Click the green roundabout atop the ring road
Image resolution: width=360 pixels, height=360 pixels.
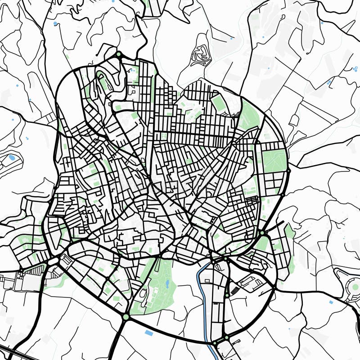[x=119, y=55]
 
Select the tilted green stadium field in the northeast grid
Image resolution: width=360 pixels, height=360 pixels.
[x=219, y=103]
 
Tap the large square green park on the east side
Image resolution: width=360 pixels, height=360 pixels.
[x=274, y=161]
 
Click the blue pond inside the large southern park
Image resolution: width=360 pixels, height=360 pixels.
[x=167, y=284]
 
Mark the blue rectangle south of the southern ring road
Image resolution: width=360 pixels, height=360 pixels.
[x=148, y=333]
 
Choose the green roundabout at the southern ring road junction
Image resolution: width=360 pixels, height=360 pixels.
[x=126, y=317]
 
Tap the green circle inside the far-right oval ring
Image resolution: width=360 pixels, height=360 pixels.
[x=355, y=287]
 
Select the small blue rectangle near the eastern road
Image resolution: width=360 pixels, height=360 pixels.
[x=331, y=302]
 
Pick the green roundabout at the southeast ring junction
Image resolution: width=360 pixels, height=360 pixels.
[x=262, y=233]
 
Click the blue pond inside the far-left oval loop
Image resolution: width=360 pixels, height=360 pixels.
[x=11, y=157]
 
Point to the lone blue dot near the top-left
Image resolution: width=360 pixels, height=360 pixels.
[x=55, y=23]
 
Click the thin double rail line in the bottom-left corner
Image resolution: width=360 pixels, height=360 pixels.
[x=18, y=353]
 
